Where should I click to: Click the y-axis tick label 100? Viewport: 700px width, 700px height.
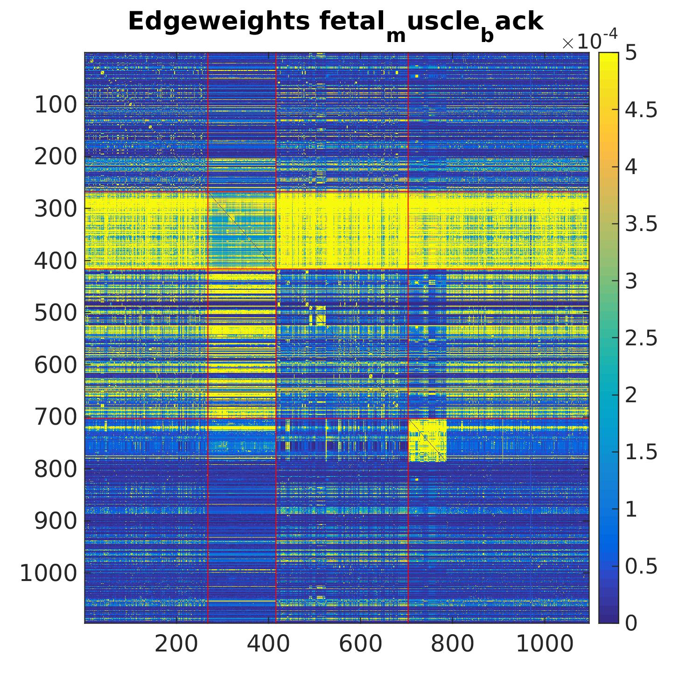click(x=56, y=105)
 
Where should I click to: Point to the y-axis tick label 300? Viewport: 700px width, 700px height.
click(x=56, y=209)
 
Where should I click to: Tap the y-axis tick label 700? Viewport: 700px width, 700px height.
click(x=56, y=417)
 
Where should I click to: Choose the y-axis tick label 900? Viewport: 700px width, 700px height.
click(x=56, y=521)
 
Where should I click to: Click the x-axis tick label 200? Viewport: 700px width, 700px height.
click(x=176, y=644)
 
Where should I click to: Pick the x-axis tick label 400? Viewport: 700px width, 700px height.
click(x=268, y=644)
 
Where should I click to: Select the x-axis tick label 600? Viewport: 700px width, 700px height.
click(x=360, y=644)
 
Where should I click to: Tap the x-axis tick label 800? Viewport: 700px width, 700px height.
click(x=452, y=644)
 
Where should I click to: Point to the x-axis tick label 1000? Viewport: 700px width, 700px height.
click(x=545, y=644)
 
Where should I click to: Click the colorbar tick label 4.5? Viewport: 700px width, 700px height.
click(x=641, y=110)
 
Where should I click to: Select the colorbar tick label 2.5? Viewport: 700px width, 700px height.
click(x=641, y=338)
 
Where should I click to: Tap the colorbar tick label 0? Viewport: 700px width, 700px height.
click(x=631, y=623)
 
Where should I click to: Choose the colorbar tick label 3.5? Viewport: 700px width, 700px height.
click(x=641, y=224)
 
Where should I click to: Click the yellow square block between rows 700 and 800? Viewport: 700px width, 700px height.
click(x=427, y=440)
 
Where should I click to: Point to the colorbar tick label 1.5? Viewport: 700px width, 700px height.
click(x=641, y=452)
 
